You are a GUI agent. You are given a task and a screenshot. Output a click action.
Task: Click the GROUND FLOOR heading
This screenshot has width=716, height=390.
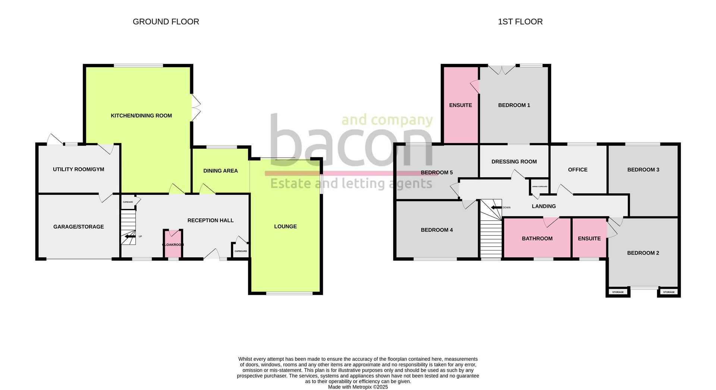tap(166, 22)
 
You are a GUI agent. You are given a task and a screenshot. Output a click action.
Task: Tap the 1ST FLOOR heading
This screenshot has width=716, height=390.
tap(520, 22)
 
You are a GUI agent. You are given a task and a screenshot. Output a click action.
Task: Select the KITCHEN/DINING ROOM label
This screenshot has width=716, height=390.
tap(141, 116)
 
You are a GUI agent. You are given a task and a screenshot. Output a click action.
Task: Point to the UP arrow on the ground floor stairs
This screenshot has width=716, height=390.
tap(130, 236)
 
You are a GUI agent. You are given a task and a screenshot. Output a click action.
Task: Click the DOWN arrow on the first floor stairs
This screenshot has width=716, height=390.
tap(496, 208)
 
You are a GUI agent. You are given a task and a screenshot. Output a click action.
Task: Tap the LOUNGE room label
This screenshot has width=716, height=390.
tap(285, 227)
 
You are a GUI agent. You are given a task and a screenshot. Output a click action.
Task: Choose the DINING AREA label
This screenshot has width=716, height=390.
tap(220, 171)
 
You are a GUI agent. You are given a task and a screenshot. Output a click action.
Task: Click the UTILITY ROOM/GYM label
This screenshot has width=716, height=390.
tap(78, 169)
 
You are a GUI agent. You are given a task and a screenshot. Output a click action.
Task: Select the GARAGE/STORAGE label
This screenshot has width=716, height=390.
tap(78, 227)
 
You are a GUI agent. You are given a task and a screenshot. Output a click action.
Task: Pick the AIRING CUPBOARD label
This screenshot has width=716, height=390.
tap(540, 187)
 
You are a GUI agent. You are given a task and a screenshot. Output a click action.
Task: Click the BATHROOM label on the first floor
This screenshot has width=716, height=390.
tap(537, 238)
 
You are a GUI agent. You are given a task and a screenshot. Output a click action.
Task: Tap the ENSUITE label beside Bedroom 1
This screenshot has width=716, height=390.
tap(460, 105)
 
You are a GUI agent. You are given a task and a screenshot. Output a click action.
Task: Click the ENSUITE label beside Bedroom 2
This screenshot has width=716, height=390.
tap(589, 238)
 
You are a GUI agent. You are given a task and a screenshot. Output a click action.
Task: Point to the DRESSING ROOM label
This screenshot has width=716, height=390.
tap(514, 162)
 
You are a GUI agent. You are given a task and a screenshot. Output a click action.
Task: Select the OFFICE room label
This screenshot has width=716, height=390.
tap(578, 170)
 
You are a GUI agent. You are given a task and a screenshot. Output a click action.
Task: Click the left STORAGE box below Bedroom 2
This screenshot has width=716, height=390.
tap(618, 292)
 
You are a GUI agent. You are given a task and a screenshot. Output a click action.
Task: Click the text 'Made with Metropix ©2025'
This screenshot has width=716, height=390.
tap(358, 387)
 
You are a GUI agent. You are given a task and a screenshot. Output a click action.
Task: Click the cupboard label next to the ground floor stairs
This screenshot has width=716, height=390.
tap(128, 202)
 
